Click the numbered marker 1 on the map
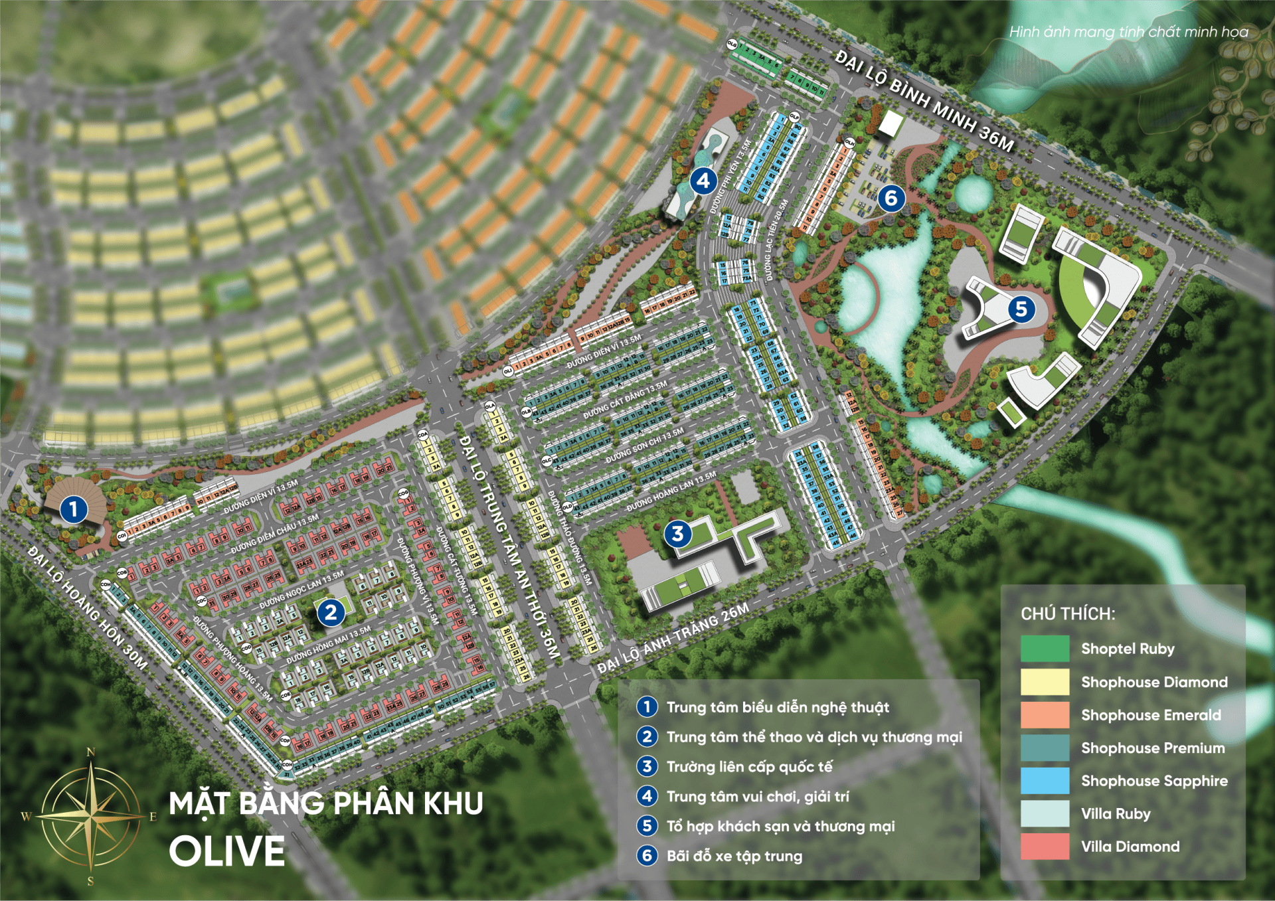(x=74, y=509)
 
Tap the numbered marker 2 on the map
(x=331, y=612)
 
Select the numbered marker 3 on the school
(x=677, y=533)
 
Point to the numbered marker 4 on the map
(x=703, y=181)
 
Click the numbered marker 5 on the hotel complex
(x=1021, y=309)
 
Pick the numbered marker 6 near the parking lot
(x=891, y=198)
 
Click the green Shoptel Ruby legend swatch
(x=1045, y=649)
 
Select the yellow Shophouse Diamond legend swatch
(x=1045, y=682)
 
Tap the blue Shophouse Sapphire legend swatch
(x=1045, y=781)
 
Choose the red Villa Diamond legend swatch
(x=1045, y=847)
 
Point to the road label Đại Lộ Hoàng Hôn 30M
(x=88, y=608)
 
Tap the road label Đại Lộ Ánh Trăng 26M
(x=673, y=639)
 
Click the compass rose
(x=90, y=816)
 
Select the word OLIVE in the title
(x=226, y=851)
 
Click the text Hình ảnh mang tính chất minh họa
(x=1128, y=32)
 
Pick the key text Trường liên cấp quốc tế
(x=749, y=767)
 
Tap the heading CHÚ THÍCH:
(x=1068, y=614)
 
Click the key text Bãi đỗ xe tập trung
(x=734, y=856)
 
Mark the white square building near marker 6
(x=891, y=123)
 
